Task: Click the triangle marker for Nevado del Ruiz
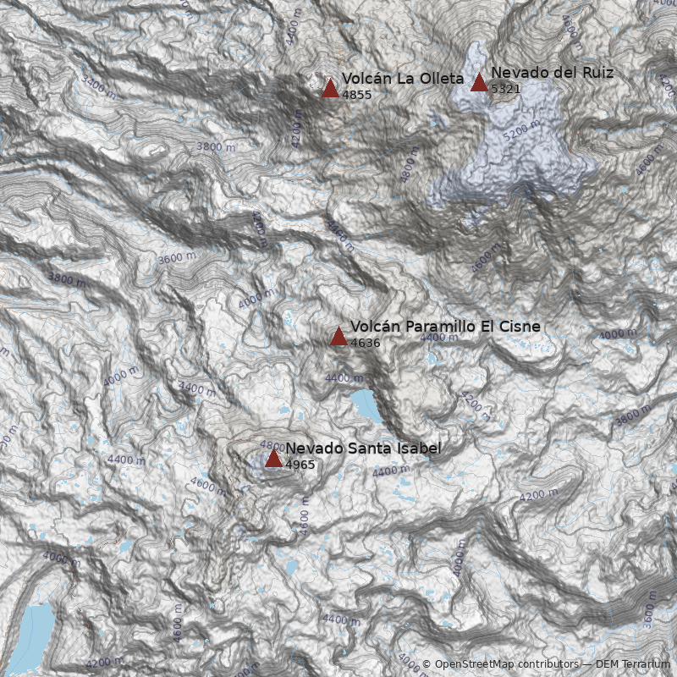479,82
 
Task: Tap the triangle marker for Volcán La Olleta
330,88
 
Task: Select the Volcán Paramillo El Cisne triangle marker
338,336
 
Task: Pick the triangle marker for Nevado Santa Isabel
273,458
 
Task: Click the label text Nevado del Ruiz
552,73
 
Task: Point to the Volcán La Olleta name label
403,79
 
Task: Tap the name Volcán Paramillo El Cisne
445,327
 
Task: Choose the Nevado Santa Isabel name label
363,449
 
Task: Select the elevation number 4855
356,95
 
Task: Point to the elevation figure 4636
365,343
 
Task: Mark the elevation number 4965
300,465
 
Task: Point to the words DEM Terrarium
633,665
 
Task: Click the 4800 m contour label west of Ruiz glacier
410,168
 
